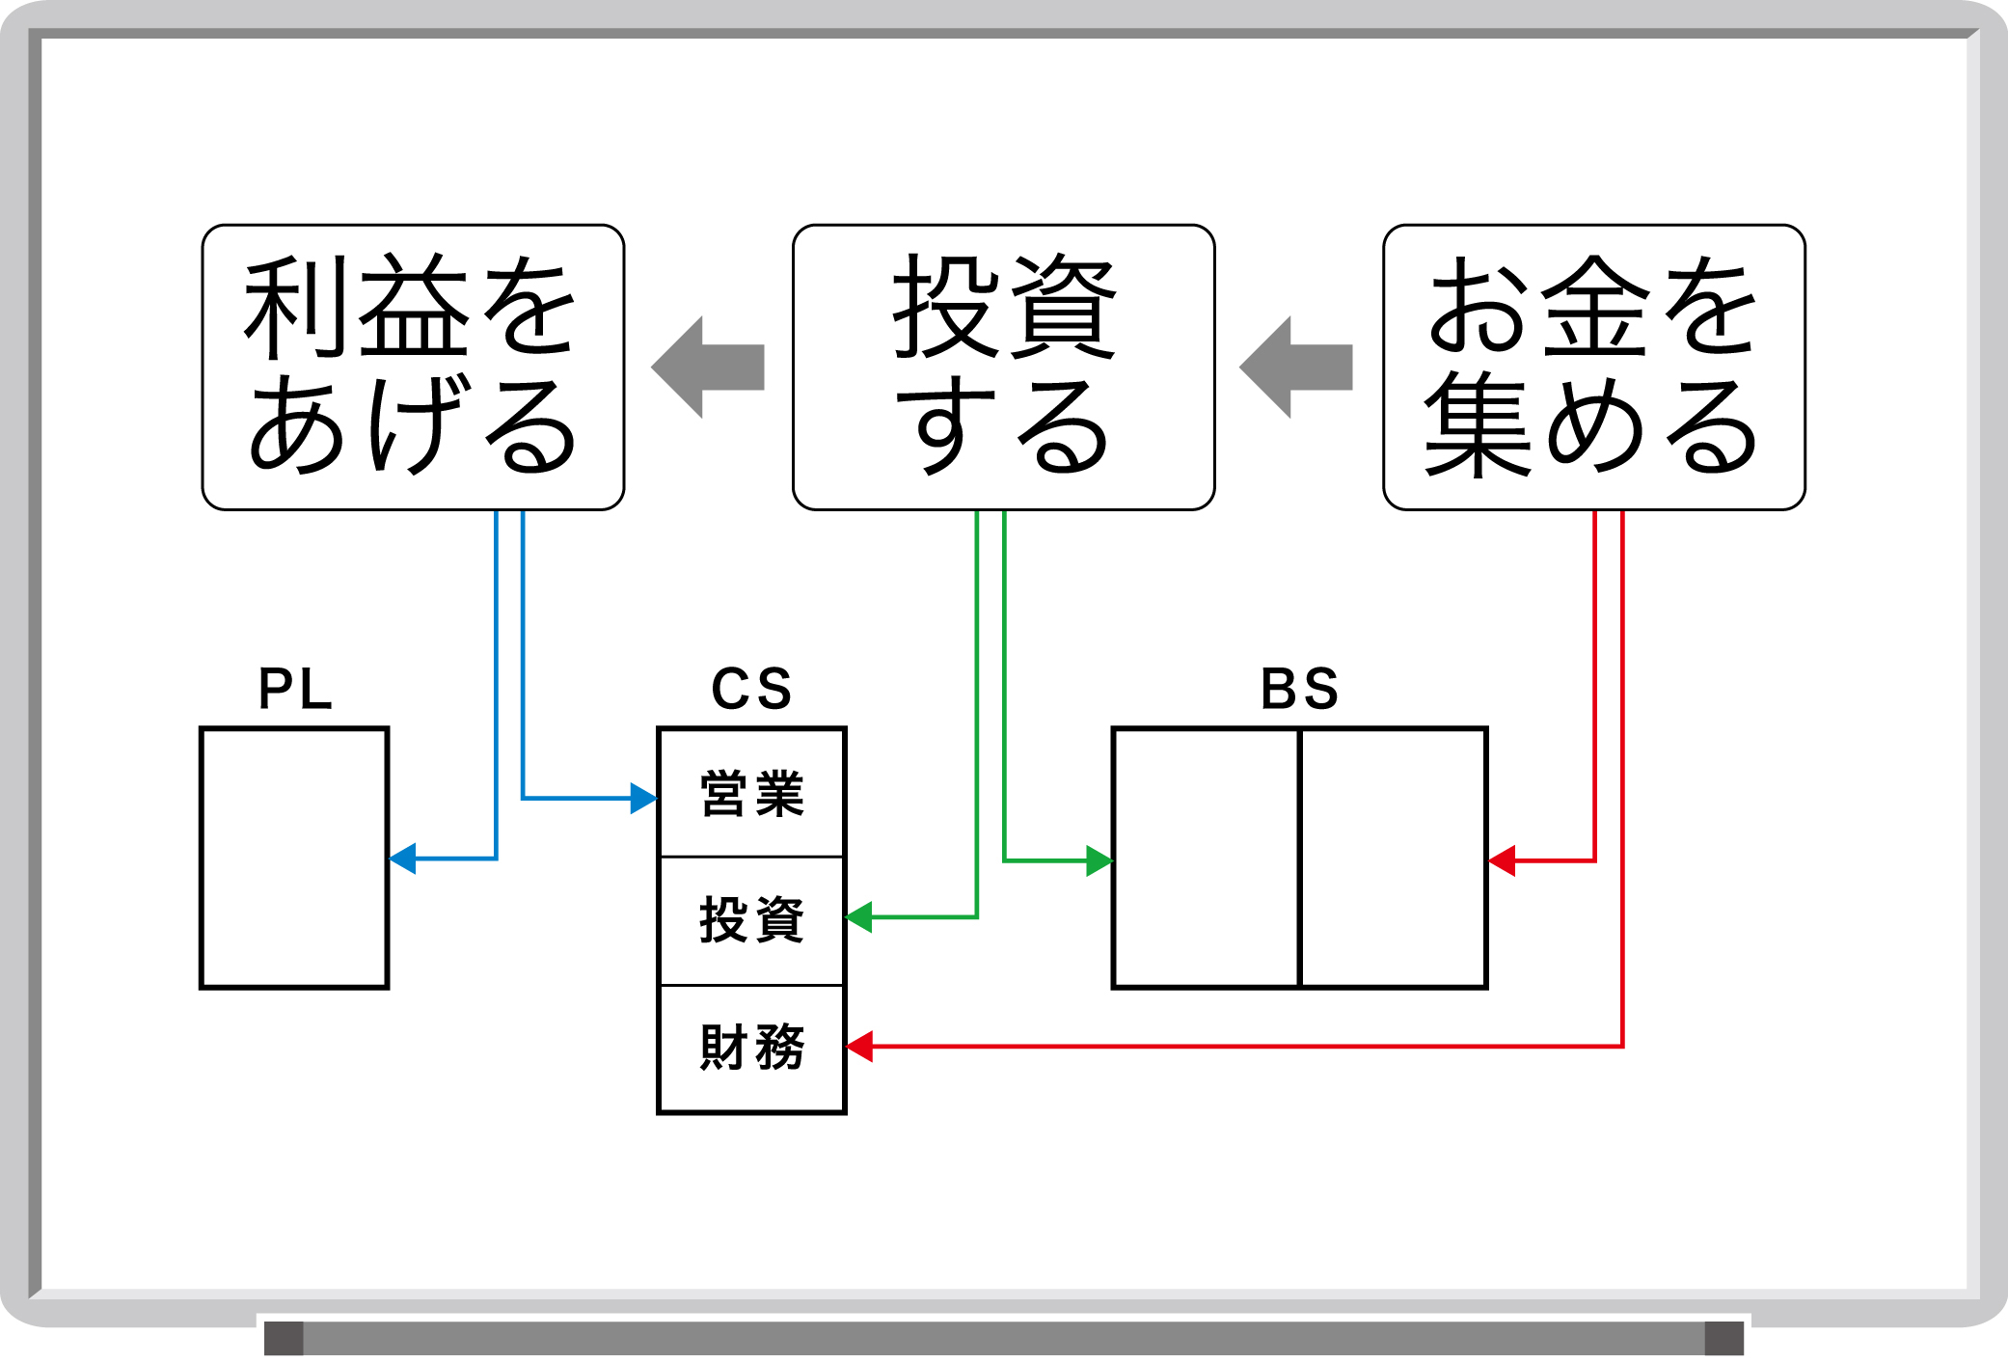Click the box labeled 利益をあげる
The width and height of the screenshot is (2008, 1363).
click(x=413, y=368)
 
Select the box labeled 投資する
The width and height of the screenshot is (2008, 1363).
click(x=1003, y=368)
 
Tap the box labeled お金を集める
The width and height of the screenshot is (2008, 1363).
click(x=1593, y=368)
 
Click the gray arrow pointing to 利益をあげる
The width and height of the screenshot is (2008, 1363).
click(x=708, y=368)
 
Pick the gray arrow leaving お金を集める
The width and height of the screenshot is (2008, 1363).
click(x=1296, y=368)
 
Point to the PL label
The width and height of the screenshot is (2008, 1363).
click(x=295, y=689)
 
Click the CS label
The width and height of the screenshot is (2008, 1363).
click(x=751, y=689)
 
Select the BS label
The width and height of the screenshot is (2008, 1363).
click(x=1300, y=689)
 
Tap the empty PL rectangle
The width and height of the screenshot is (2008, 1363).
click(x=294, y=858)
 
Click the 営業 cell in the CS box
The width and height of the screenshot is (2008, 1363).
click(x=751, y=793)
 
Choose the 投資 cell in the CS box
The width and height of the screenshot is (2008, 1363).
click(x=751, y=920)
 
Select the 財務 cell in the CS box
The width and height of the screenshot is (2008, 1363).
click(x=751, y=1049)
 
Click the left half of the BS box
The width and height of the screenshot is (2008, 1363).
click(x=1206, y=858)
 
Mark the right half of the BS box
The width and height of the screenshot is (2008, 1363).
click(x=1394, y=858)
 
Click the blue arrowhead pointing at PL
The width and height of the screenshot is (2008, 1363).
click(x=402, y=859)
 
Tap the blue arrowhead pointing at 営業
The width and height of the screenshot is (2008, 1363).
click(x=644, y=799)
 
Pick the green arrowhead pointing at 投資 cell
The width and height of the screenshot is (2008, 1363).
click(x=858, y=917)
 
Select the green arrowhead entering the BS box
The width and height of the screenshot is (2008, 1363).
click(x=1099, y=860)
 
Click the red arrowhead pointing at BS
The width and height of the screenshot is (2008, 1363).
click(x=1502, y=860)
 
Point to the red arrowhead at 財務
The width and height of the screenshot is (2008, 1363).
click(x=859, y=1047)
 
